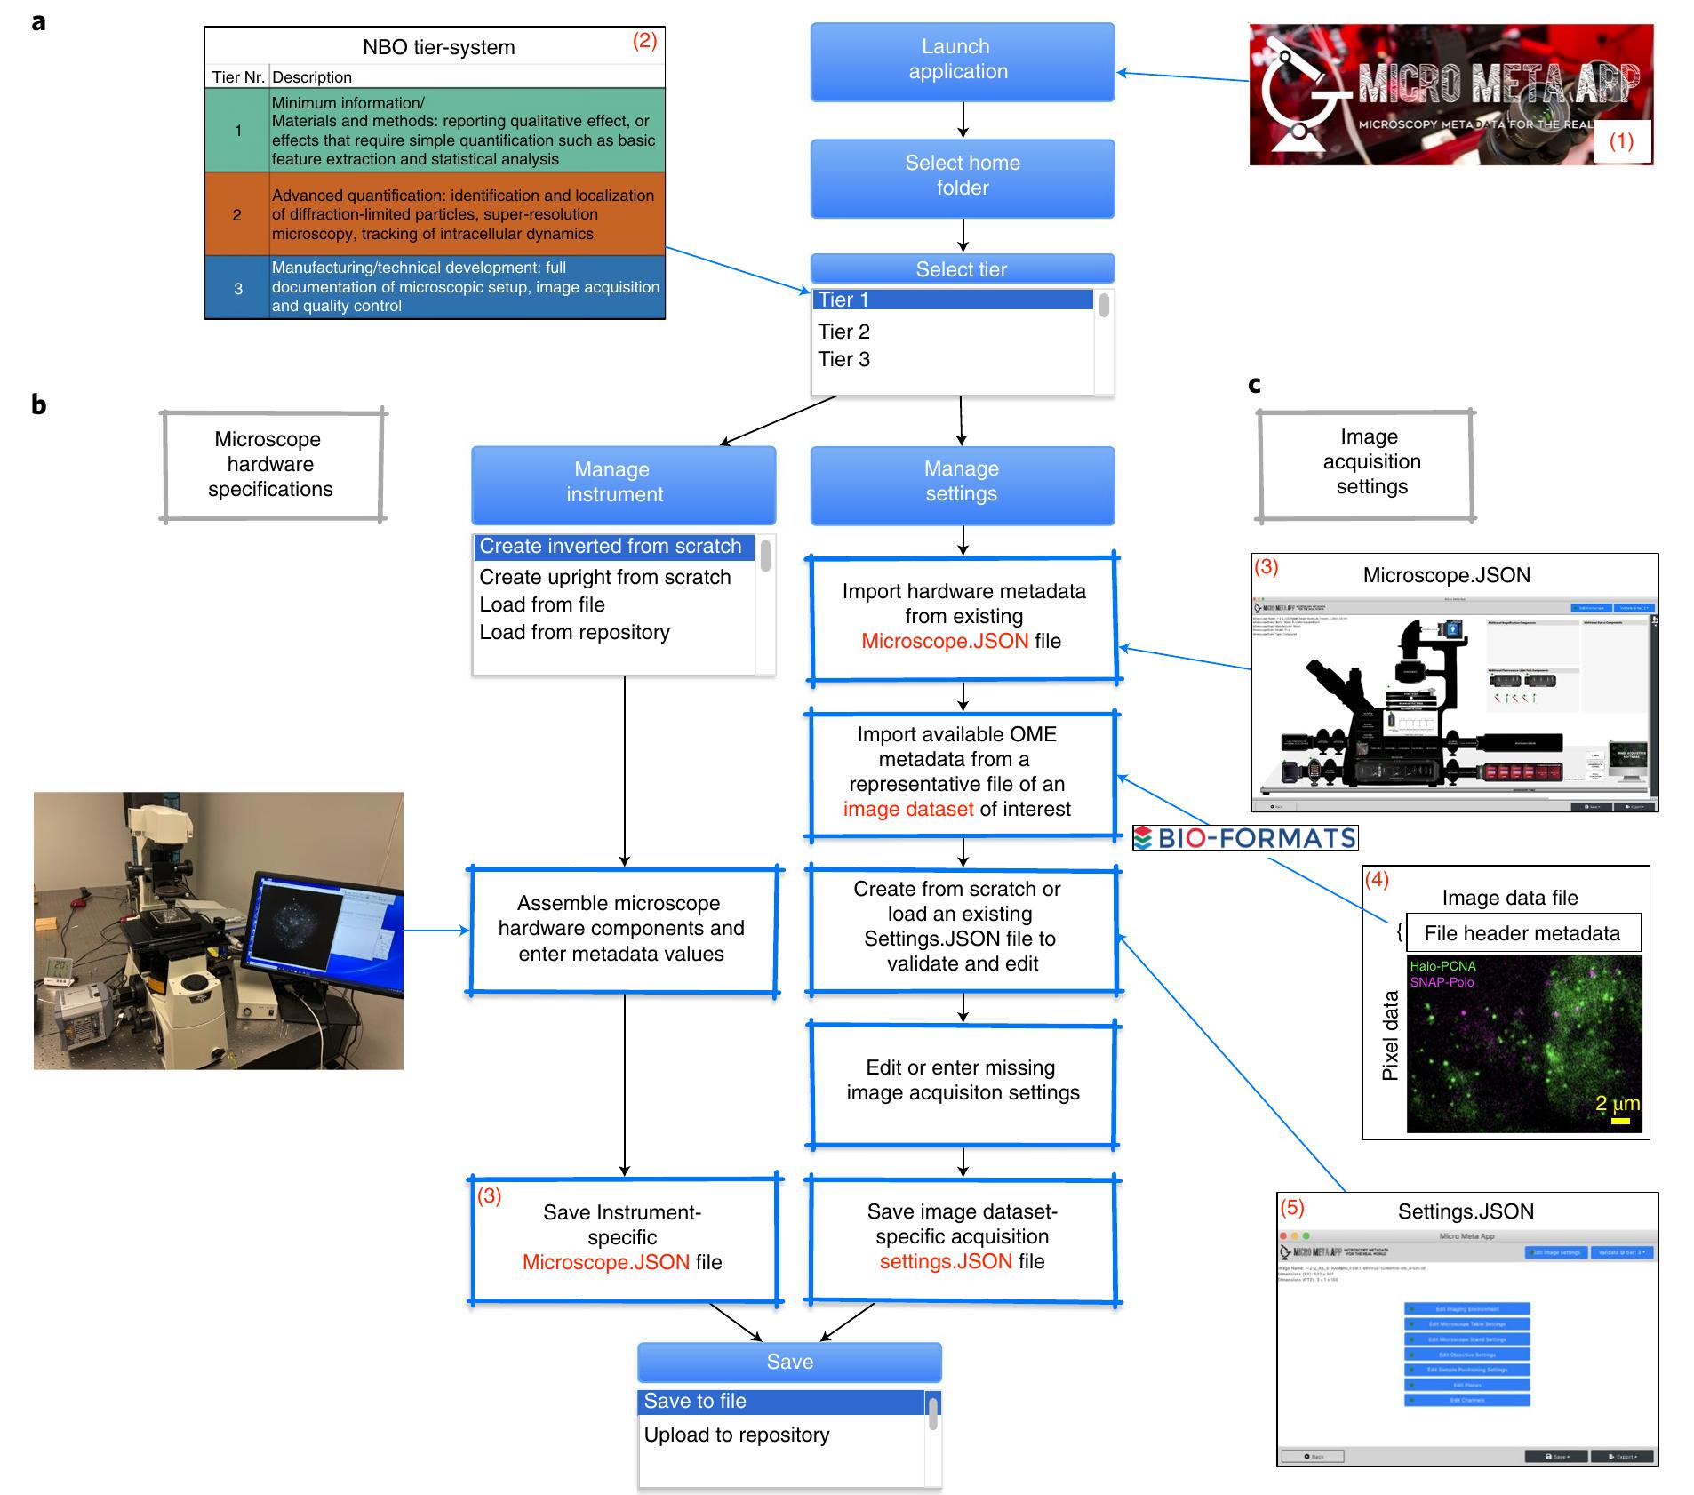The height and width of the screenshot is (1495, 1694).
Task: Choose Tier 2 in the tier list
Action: coord(844,332)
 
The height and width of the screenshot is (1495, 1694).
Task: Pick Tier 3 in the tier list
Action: coord(844,360)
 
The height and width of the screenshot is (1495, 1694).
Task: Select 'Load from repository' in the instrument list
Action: coord(575,633)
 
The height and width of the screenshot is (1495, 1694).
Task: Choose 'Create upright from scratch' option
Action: coord(605,578)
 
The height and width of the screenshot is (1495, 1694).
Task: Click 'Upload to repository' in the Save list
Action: coord(737,1435)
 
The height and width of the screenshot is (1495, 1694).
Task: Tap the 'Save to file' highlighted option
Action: coord(695,1402)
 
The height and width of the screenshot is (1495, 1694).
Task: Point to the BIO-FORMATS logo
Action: coord(1245,838)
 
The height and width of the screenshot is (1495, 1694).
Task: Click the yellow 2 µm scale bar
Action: coord(1619,1122)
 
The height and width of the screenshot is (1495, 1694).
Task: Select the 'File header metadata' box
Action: coord(1522,933)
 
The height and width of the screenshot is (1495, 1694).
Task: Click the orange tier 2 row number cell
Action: coord(237,215)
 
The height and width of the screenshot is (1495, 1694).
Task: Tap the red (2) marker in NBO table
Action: coord(644,41)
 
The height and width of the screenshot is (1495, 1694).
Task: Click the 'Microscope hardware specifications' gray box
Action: coord(271,465)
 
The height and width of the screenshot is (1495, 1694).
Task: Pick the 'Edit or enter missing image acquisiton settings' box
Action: coord(963,1081)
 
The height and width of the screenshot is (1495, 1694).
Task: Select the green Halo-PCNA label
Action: coord(1442,966)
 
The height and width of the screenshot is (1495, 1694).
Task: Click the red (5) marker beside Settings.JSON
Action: coord(1292,1208)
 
